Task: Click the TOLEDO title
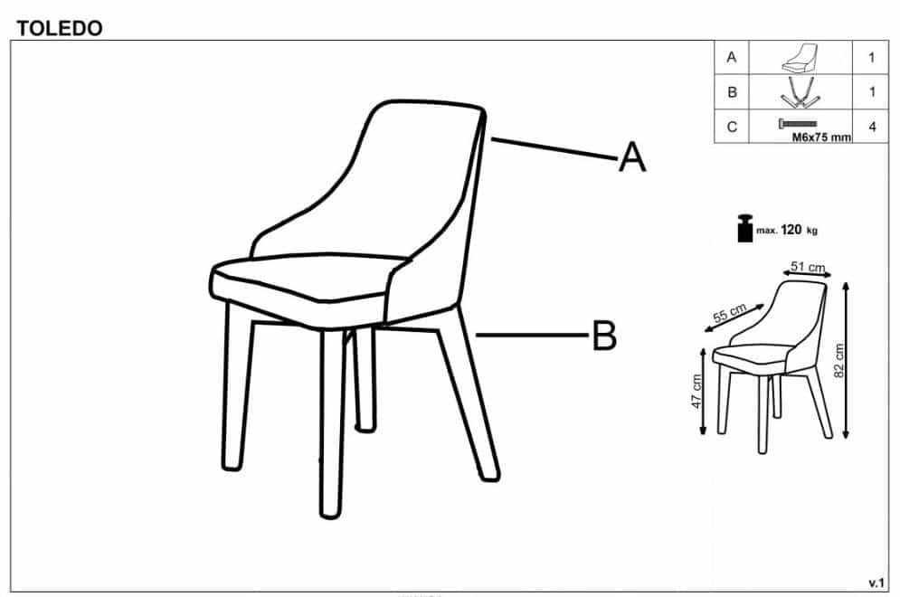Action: (59, 27)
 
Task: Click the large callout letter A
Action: (632, 156)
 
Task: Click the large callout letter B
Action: (604, 336)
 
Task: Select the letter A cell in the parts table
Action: (731, 57)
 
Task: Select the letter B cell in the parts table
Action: (732, 92)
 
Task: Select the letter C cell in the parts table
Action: (732, 127)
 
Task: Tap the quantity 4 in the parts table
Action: (873, 127)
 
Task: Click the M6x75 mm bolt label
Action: (821, 137)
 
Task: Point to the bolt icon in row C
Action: (798, 123)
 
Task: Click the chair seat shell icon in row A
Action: (800, 57)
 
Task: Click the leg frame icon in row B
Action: (801, 92)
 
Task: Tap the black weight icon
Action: (744, 228)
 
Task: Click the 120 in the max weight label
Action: (791, 230)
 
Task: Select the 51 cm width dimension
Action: (807, 267)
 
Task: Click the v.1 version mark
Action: (876, 583)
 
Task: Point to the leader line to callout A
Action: (554, 148)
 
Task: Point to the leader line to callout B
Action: (534, 336)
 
